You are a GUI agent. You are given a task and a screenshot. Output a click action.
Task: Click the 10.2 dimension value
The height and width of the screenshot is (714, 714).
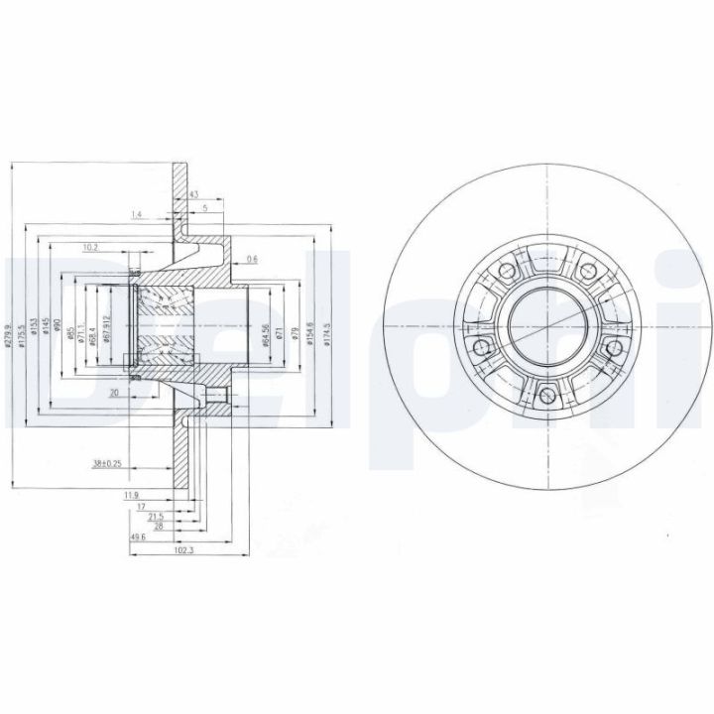click(x=91, y=246)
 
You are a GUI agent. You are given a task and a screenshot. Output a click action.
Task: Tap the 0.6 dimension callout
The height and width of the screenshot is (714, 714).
click(x=252, y=260)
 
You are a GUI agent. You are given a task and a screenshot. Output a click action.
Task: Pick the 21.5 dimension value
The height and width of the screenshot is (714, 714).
click(x=155, y=518)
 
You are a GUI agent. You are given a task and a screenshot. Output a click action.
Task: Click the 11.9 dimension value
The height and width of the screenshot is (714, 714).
click(x=130, y=494)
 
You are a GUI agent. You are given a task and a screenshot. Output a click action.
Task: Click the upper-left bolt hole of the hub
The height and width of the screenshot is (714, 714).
click(x=508, y=270)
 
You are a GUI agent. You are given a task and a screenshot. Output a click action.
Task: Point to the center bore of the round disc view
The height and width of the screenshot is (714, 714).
click(x=547, y=324)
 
